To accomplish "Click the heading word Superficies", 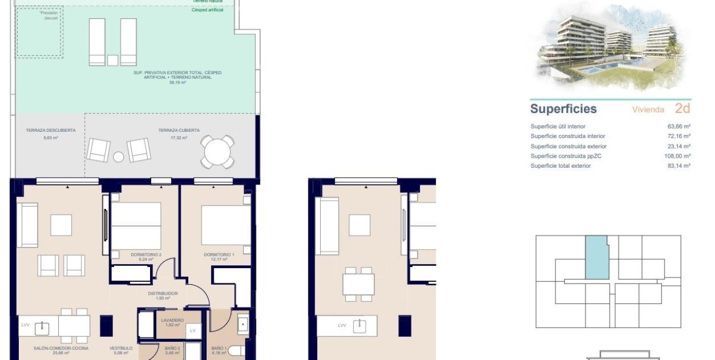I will [x=563, y=109].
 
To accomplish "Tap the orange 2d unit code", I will [x=682, y=108].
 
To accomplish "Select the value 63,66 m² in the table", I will [x=679, y=126].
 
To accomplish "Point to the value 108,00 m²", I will [x=678, y=156].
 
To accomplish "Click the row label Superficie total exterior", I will [x=560, y=166].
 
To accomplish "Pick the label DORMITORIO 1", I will [x=219, y=255].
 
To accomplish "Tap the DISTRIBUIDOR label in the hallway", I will [x=162, y=294].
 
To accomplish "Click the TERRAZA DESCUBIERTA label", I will [x=50, y=131].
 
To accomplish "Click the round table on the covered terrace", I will [x=217, y=151].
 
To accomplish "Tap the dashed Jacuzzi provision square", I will [x=39, y=32].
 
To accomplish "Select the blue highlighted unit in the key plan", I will [x=596, y=258].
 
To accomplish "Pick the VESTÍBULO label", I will [x=119, y=348].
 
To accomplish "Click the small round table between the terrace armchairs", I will [x=119, y=157].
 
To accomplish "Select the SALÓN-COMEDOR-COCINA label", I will [x=54, y=348].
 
